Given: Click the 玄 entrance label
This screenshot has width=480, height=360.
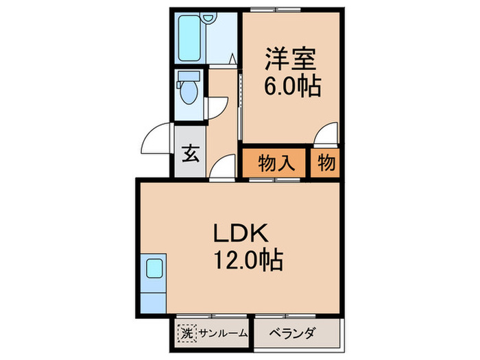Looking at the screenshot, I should pos(189,153).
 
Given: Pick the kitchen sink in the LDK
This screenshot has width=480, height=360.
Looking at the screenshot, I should pos(154,268).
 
